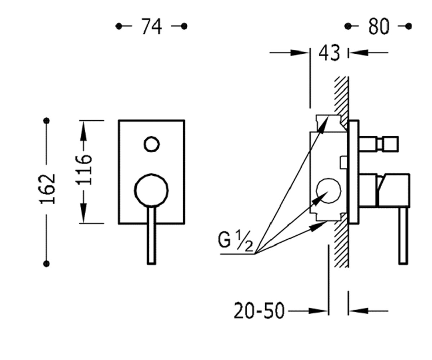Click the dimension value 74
click(152, 26)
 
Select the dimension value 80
click(379, 26)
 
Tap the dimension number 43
click(329, 53)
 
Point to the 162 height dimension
click(48, 189)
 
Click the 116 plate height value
click(84, 170)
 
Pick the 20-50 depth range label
click(260, 311)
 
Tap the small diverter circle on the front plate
click(152, 144)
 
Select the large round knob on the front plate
click(152, 190)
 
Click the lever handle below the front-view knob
click(152, 235)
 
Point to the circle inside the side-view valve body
click(328, 190)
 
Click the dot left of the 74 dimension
click(119, 26)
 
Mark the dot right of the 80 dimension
click(408, 26)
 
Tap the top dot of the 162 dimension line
click(46, 120)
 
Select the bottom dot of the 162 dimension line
click(46, 264)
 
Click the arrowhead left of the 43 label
click(299, 53)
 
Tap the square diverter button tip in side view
click(390, 144)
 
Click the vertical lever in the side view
click(403, 236)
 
